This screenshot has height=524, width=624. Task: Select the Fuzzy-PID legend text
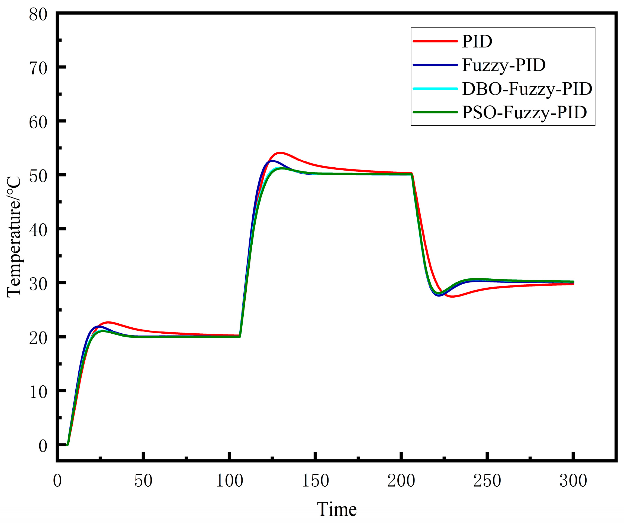pos(504,65)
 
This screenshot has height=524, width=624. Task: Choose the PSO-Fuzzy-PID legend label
pos(525,112)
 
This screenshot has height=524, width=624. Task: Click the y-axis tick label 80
pos(38,14)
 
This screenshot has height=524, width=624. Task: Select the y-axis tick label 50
pos(38,176)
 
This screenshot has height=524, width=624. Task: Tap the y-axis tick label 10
pos(38,392)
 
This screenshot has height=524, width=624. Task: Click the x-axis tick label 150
pos(315,481)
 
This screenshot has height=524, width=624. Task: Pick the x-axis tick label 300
pos(573,481)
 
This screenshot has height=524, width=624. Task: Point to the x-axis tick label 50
pos(143,481)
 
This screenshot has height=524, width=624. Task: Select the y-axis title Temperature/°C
pos(14,237)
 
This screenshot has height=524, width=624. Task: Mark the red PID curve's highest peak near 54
pos(280,153)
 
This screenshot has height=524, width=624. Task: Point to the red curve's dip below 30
pos(452,297)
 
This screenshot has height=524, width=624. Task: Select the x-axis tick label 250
pos(487,481)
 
